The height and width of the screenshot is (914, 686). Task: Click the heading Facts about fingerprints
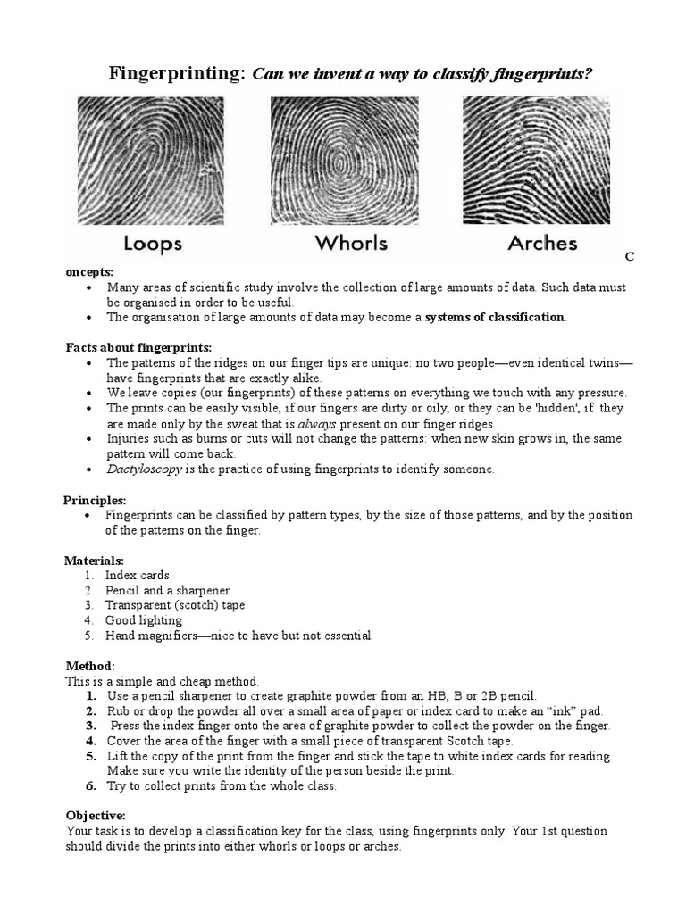(x=138, y=347)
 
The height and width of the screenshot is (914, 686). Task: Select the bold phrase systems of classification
(x=495, y=317)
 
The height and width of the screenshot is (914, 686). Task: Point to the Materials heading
(x=94, y=561)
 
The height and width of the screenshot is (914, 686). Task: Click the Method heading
(x=90, y=666)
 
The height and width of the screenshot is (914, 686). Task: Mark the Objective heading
(x=96, y=816)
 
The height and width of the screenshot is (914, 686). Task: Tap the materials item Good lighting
(x=143, y=620)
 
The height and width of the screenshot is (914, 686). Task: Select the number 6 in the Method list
(x=90, y=785)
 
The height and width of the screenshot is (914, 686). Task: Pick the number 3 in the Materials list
(x=88, y=605)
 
